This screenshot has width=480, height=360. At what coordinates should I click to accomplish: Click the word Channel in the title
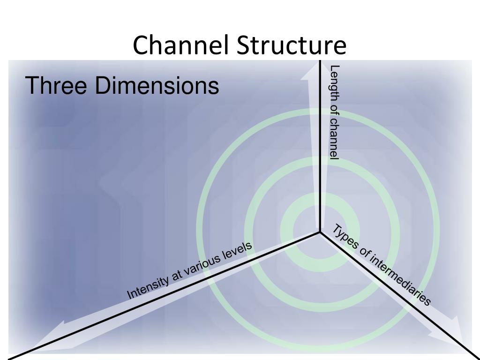pos(180,45)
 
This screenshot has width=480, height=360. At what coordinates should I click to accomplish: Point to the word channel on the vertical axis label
pos(334,139)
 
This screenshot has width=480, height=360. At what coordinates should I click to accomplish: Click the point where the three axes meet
pos(320,232)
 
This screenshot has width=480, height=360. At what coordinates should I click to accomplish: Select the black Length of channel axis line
pos(320,150)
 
